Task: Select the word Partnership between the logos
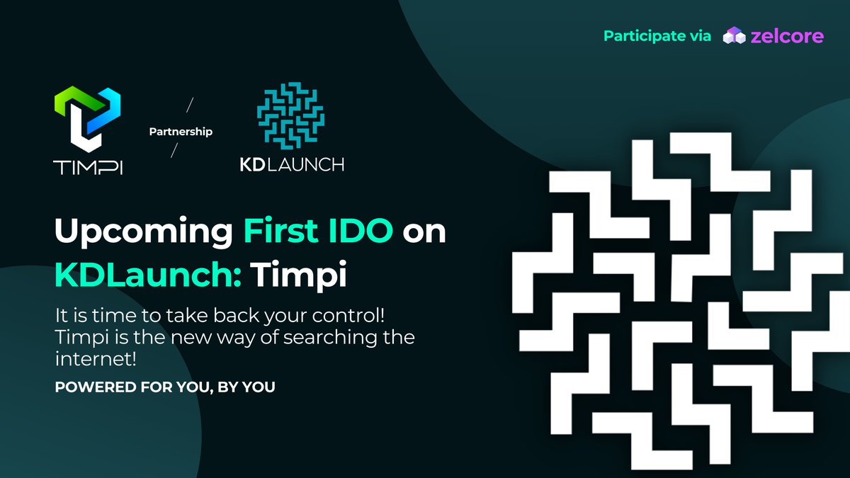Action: click(x=181, y=132)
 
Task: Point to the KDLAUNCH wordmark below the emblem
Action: click(x=291, y=164)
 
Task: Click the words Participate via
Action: click(x=657, y=37)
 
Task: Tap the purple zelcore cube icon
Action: click(x=733, y=37)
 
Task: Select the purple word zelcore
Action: click(x=787, y=37)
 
